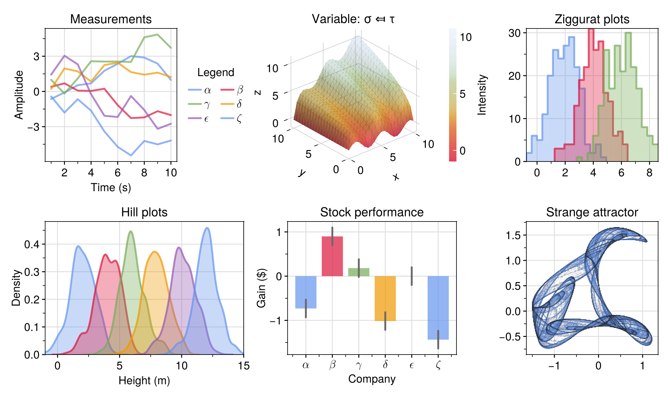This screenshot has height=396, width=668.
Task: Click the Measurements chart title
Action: (x=111, y=19)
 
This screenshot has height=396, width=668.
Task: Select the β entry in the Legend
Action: (x=232, y=90)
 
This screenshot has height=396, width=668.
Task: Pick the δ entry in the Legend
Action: (x=232, y=104)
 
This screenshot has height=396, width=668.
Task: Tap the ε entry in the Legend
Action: (x=199, y=118)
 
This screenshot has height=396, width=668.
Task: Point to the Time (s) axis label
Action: (x=111, y=187)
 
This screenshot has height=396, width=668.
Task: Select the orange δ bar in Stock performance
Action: (x=385, y=298)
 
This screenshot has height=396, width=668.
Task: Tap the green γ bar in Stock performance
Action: (x=359, y=272)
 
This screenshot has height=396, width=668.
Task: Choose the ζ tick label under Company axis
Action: (x=438, y=365)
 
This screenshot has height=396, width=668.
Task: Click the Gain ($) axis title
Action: (x=262, y=288)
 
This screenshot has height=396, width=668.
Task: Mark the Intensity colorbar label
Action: (x=482, y=95)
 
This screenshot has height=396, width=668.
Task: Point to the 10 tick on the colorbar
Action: (x=465, y=37)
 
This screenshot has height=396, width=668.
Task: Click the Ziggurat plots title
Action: (x=592, y=19)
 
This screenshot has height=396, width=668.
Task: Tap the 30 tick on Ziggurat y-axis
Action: (x=515, y=33)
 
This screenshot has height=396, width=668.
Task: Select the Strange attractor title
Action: (x=592, y=212)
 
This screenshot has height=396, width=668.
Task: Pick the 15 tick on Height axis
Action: (x=244, y=366)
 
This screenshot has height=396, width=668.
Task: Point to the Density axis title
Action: (x=16, y=288)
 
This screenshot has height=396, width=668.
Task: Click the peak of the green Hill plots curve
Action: (x=131, y=231)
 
